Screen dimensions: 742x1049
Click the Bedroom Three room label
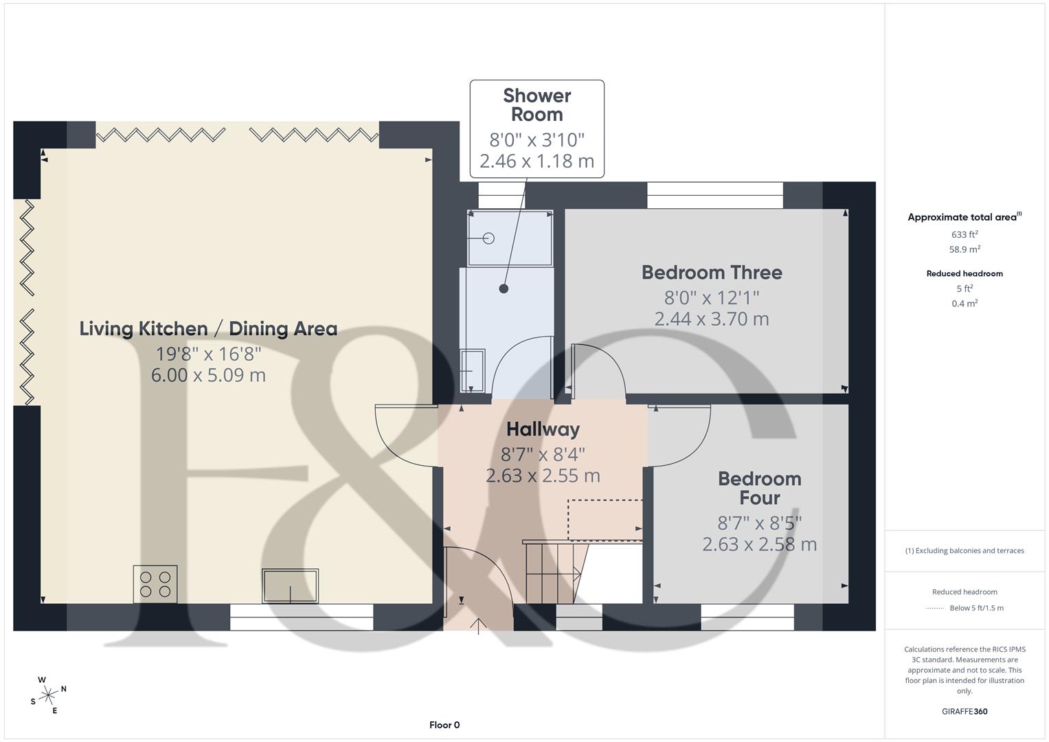tap(712, 273)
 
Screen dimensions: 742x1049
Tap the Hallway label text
tap(543, 429)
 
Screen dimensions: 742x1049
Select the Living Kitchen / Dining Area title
tap(208, 329)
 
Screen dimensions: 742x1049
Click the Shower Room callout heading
tap(537, 105)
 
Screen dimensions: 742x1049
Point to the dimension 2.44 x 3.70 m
tap(712, 319)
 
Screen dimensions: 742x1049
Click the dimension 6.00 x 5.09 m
tap(208, 375)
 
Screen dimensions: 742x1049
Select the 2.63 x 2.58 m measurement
tap(759, 544)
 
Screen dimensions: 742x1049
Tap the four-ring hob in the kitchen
tap(155, 584)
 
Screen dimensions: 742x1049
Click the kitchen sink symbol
tap(290, 586)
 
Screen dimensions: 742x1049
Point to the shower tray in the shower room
tap(510, 238)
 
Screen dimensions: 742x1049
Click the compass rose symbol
tap(48, 695)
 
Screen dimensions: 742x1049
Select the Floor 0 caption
tap(444, 725)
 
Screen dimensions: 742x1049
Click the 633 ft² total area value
tap(965, 234)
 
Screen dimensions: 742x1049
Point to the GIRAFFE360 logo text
tap(965, 711)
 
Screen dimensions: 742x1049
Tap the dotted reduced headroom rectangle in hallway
tap(605, 520)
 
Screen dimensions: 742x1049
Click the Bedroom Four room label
tap(759, 488)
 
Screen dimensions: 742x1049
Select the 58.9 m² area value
tap(965, 249)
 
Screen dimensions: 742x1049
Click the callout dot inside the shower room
tap(504, 289)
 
